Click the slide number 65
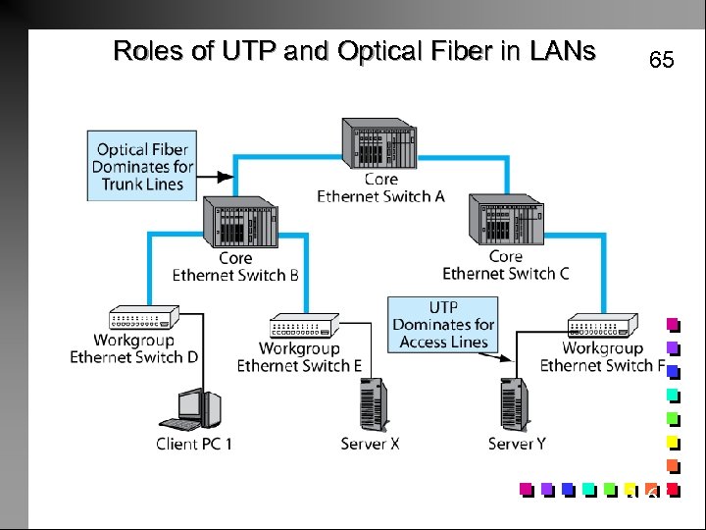point(662,61)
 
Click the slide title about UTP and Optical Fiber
point(354,51)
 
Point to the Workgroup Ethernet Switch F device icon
point(602,327)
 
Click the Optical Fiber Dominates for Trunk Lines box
point(142,166)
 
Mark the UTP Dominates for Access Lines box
point(443,324)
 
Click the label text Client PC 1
point(194,445)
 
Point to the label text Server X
point(371,445)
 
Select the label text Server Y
point(517,445)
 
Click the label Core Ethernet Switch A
point(380,187)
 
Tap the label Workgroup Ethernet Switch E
point(299,357)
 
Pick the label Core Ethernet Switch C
point(505,265)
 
